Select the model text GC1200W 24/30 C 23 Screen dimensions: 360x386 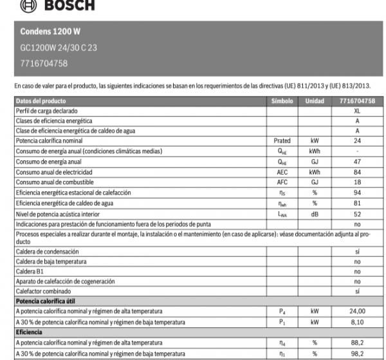pos(59,47)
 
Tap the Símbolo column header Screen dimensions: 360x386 pos(282,101)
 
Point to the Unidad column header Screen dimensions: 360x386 pos(315,101)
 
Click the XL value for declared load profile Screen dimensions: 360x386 pos(356,111)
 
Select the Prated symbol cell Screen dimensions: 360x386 pos(282,140)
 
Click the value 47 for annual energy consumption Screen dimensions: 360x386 pos(356,162)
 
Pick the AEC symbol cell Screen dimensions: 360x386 pos(282,172)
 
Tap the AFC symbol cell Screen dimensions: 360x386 pos(282,182)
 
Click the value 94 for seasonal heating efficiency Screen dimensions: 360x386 pos(356,193)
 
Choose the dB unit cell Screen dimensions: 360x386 pos(315,213)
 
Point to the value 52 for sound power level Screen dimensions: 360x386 pos(356,213)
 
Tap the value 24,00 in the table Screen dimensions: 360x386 pos(356,312)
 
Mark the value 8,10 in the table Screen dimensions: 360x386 pos(356,321)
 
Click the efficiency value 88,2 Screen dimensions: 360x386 pos(356,343)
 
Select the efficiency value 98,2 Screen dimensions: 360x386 pos(356,353)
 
